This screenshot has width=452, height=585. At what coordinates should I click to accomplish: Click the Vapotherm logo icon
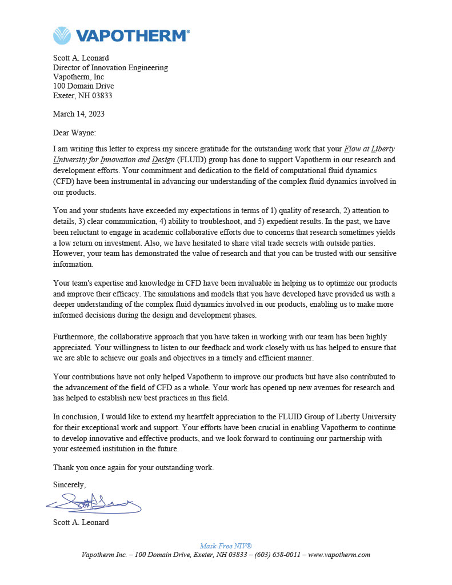tap(62, 35)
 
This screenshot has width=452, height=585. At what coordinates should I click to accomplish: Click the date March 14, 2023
tap(79, 114)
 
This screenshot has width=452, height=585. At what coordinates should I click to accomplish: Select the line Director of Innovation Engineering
tap(110, 67)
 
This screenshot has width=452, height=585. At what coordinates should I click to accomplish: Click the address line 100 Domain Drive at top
tap(83, 86)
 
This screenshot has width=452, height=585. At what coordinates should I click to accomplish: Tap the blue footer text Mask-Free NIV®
tap(226, 546)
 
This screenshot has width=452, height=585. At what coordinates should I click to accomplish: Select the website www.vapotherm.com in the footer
tap(339, 555)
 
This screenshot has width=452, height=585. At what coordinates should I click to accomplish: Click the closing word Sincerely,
tap(69, 484)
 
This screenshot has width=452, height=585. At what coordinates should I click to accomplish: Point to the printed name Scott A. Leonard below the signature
tap(81, 522)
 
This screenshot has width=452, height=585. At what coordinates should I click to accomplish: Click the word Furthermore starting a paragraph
tap(74, 337)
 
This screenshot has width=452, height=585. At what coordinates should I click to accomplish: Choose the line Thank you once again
tap(133, 467)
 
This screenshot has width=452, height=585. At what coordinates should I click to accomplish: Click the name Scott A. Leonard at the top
tap(81, 58)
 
